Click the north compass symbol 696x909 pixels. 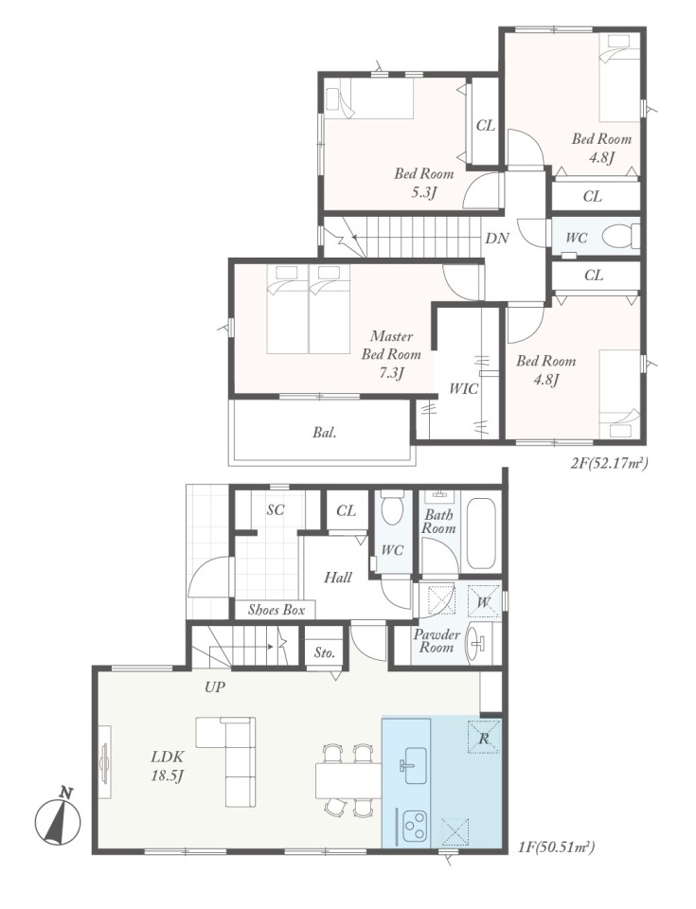click(x=58, y=819)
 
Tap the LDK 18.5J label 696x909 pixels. click(x=168, y=766)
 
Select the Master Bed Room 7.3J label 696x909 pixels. click(x=391, y=354)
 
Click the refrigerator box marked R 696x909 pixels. click(x=484, y=737)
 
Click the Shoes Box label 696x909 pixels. click(x=277, y=609)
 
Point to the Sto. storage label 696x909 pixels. click(x=325, y=652)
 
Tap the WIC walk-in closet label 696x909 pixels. click(x=464, y=388)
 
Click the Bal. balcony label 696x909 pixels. click(x=325, y=432)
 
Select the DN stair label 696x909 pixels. click(x=497, y=238)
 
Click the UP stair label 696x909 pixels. click(x=215, y=687)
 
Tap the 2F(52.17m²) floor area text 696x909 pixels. click(x=609, y=463)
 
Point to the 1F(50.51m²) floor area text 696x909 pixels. click(x=556, y=847)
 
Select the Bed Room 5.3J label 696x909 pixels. click(x=424, y=182)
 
